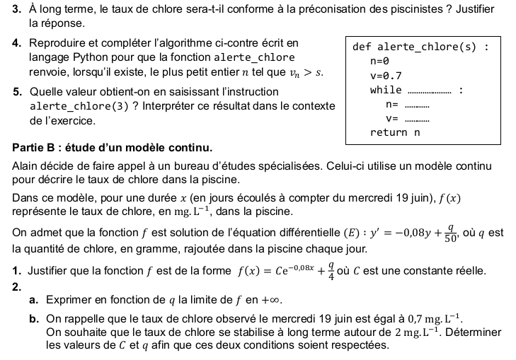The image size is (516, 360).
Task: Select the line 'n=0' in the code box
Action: click(379, 62)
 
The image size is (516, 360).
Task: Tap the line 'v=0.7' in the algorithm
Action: click(386, 76)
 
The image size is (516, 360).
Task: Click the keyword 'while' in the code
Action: click(386, 90)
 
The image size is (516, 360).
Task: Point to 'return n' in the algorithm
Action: click(395, 132)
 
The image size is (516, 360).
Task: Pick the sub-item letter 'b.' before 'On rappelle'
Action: click(34, 319)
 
